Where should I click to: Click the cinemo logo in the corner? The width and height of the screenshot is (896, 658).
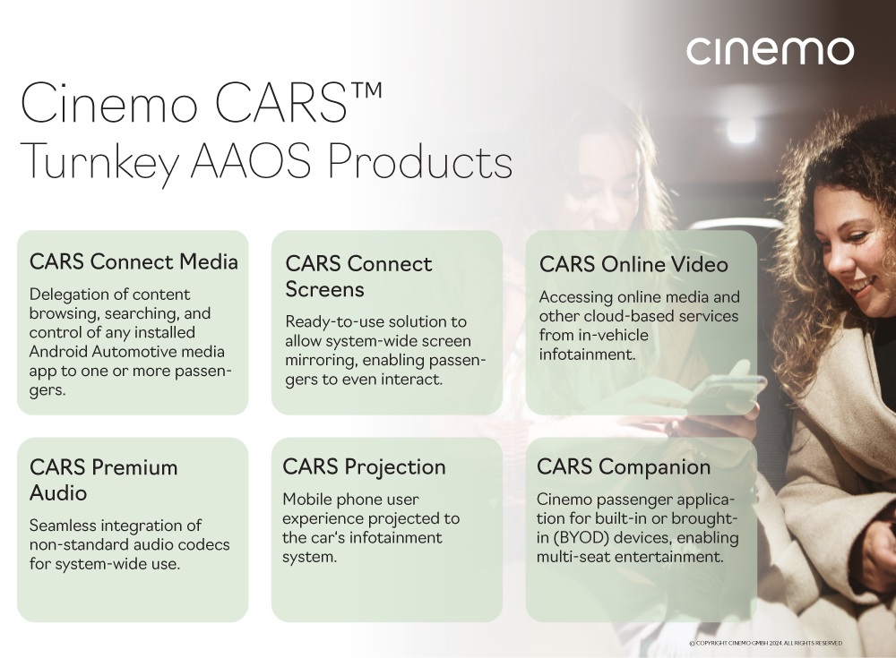pyautogui.click(x=771, y=51)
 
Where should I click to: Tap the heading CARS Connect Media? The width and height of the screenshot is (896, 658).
pyautogui.click(x=134, y=261)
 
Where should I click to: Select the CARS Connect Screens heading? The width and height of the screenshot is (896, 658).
pyautogui.click(x=358, y=277)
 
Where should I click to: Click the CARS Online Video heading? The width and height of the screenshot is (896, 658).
pyautogui.click(x=633, y=264)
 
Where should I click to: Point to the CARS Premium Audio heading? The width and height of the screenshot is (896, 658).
pyautogui.click(x=103, y=480)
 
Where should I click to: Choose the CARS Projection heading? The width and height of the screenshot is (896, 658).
pyautogui.click(x=364, y=467)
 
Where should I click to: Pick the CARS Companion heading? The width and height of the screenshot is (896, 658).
pyautogui.click(x=624, y=467)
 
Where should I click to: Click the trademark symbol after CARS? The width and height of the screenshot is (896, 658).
pyautogui.click(x=366, y=92)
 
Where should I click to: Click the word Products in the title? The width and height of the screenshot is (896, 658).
pyautogui.click(x=420, y=161)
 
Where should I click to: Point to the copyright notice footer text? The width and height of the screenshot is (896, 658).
pyautogui.click(x=766, y=643)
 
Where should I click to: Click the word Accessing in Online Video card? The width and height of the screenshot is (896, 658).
pyautogui.click(x=573, y=297)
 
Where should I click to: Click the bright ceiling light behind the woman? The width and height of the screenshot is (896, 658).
pyautogui.click(x=741, y=130)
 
